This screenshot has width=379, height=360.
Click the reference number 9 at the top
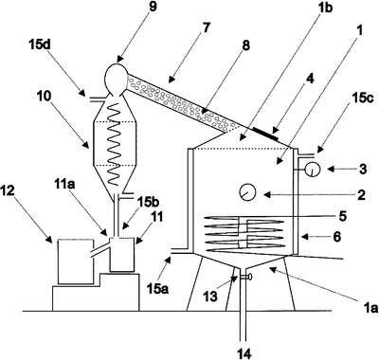pyautogui.click(x=152, y=7)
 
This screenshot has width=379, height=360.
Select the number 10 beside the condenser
pyautogui.click(x=45, y=97)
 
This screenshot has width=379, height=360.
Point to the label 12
pyautogui.click(x=8, y=191)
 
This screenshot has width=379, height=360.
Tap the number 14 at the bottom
pyautogui.click(x=244, y=353)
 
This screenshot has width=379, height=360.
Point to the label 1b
pyautogui.click(x=326, y=8)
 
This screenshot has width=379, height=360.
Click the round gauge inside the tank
pyautogui.click(x=247, y=192)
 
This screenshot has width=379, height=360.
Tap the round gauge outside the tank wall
pyautogui.click(x=313, y=170)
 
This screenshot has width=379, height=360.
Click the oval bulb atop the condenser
pyautogui.click(x=115, y=79)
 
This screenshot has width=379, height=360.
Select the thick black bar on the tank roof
pyautogui.click(x=265, y=134)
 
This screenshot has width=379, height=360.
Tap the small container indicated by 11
pyautogui.click(x=122, y=255)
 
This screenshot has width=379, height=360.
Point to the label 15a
pyautogui.click(x=157, y=288)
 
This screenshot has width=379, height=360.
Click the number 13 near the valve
pyautogui.click(x=210, y=297)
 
